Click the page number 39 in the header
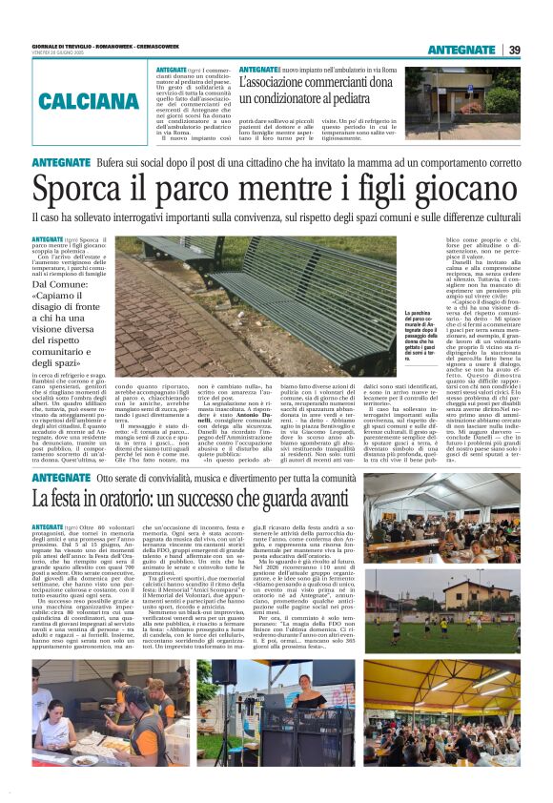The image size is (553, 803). (x=514, y=50)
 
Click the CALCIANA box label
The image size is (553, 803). (x=90, y=100)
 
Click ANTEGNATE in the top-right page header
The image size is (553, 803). (x=461, y=50)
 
